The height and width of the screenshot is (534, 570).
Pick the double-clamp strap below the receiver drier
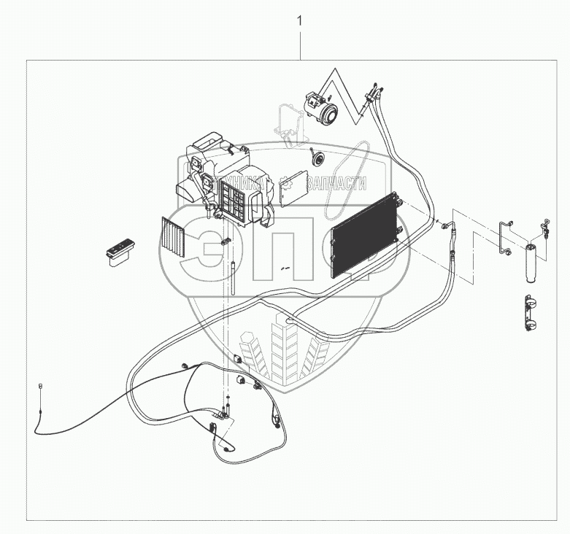tap(531, 313)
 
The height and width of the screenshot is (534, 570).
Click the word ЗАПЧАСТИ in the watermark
tap(336, 184)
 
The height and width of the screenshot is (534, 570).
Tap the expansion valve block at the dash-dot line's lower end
tap(226, 413)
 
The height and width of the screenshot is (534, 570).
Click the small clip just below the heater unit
tap(225, 241)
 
